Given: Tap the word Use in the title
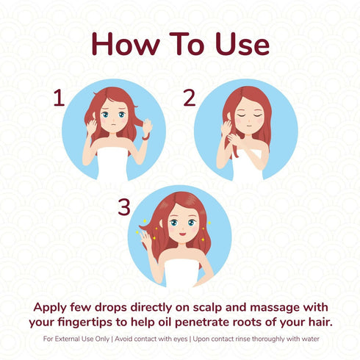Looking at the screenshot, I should coord(239,45).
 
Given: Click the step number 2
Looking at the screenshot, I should coord(189,98).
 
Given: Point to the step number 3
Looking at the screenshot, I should coord(123,207).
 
